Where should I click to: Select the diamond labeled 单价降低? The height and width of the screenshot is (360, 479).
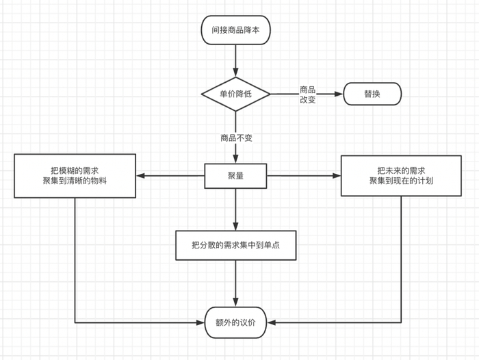(x=236, y=94)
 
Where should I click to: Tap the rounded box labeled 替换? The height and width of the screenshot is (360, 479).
(x=372, y=94)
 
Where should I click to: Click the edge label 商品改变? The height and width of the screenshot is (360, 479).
(x=308, y=94)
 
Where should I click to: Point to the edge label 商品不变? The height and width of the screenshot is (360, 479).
(x=236, y=138)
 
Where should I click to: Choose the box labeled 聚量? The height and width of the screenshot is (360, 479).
(x=236, y=176)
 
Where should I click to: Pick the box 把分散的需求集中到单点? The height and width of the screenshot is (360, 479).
(x=236, y=244)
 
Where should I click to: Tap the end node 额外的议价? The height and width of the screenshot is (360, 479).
(x=236, y=321)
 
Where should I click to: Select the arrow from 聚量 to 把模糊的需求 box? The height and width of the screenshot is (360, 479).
(x=171, y=176)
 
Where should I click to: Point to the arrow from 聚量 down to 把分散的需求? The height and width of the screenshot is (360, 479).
(x=236, y=209)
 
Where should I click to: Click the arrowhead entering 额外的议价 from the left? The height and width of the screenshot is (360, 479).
(x=201, y=321)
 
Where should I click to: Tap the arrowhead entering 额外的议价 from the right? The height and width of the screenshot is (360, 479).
(x=272, y=321)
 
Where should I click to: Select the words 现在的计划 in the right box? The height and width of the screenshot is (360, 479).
(x=410, y=182)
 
